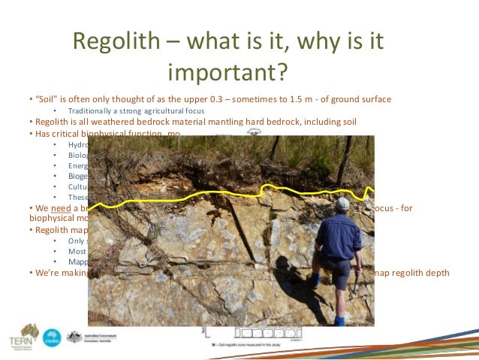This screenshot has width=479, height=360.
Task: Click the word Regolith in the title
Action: [114, 43]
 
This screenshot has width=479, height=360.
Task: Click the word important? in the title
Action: [227, 72]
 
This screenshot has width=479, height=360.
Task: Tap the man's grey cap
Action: [342, 203]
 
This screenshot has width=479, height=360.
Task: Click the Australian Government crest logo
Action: [74, 336]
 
